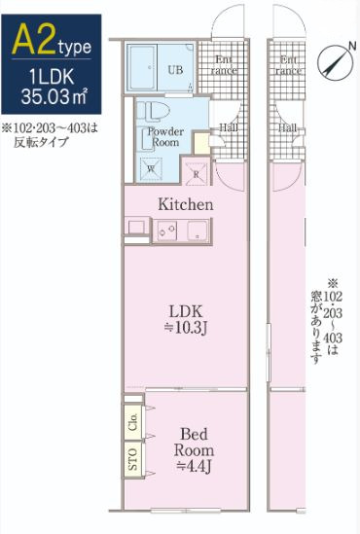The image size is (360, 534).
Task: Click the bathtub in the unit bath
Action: click(x=146, y=67)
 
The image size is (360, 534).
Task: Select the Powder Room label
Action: click(x=163, y=138)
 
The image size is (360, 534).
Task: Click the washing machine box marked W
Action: click(x=151, y=167)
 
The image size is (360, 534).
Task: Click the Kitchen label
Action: click(x=186, y=205)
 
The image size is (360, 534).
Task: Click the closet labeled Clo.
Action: click(x=131, y=424)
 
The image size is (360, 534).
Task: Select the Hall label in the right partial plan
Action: click(x=288, y=127)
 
